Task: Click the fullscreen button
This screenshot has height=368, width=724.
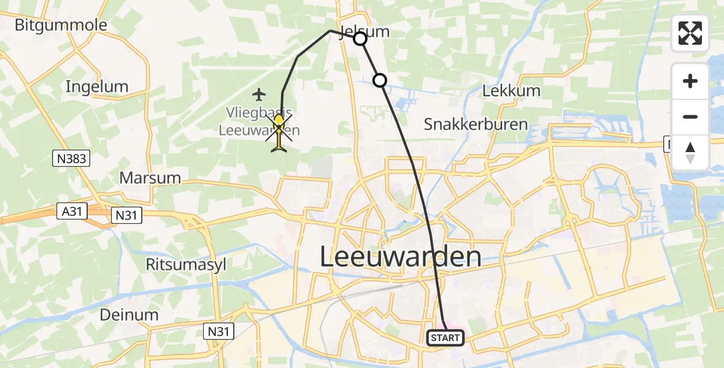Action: tap(690, 33)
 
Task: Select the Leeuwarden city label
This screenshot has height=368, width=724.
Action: tap(401, 257)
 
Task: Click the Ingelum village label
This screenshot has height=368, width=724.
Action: tap(97, 87)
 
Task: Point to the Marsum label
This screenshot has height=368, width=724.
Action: tap(150, 178)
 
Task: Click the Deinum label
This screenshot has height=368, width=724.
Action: tap(130, 315)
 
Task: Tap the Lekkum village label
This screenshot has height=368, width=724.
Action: tap(511, 91)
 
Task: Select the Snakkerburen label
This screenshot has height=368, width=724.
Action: tap(476, 124)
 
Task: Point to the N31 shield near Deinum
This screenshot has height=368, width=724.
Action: tap(219, 332)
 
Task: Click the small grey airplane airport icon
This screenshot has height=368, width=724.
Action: tap(260, 94)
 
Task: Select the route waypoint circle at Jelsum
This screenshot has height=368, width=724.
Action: tap(360, 39)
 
